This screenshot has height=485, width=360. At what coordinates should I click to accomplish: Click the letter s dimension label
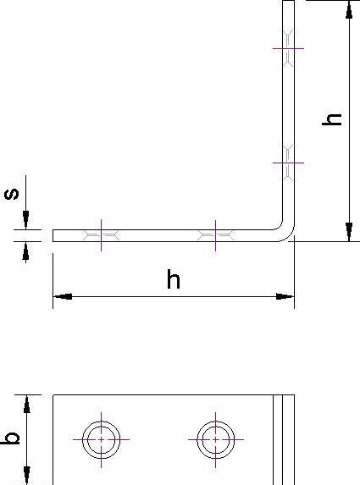click(12, 194)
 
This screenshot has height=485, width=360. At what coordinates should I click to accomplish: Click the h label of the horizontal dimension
click(174, 279)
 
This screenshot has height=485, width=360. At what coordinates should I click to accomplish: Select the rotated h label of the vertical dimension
click(332, 119)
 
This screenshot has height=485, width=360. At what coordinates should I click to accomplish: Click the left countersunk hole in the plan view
click(101, 439)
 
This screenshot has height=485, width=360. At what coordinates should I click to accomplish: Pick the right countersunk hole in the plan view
click(215, 439)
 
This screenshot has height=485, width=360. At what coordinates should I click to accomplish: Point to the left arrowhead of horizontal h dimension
click(63, 296)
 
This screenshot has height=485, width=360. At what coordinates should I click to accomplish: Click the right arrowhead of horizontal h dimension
click(285, 296)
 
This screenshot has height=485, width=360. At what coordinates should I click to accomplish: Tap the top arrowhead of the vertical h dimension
click(349, 10)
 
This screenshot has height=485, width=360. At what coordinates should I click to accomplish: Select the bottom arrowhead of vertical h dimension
click(349, 232)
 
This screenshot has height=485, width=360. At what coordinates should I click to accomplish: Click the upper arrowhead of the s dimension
click(25, 220)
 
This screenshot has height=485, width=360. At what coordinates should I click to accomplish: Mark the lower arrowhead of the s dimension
click(25, 251)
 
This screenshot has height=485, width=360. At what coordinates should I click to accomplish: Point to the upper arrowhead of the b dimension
click(27, 405)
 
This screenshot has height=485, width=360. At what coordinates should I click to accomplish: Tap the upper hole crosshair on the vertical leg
click(288, 48)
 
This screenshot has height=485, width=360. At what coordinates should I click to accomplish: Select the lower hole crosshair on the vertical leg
click(288, 163)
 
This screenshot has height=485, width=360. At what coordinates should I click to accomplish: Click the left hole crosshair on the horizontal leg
click(101, 235)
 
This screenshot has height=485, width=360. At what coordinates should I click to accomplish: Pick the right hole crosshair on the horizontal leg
click(215, 235)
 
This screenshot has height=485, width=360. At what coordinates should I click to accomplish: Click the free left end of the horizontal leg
click(53, 235)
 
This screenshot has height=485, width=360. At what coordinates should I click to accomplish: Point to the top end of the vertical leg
click(288, 1)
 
